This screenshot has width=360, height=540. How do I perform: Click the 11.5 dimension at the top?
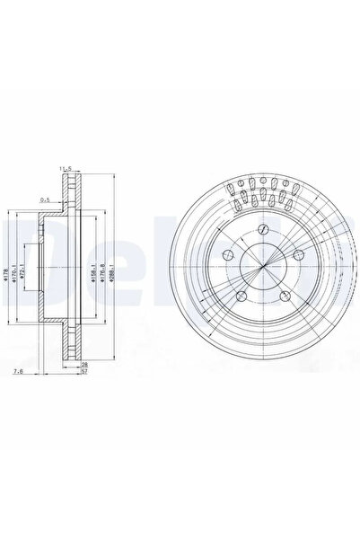pyautogui.click(x=65, y=168)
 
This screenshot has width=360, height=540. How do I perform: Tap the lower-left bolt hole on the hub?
pyautogui.click(x=241, y=298)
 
